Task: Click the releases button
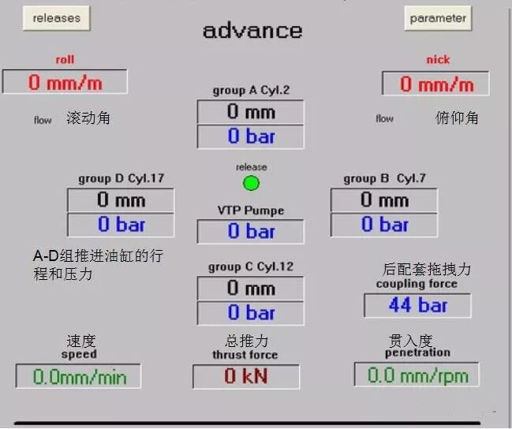[57, 18]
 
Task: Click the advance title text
[252, 31]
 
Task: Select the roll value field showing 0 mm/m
[65, 81]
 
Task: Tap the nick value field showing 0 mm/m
[435, 83]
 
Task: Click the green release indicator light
[251, 184]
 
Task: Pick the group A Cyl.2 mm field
[250, 112]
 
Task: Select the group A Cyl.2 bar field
[250, 136]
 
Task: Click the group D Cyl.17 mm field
[121, 200]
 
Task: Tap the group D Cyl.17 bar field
[121, 225]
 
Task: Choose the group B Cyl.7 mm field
[383, 200]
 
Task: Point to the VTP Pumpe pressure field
[250, 231]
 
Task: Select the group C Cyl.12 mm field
[250, 288]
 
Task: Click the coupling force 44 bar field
[417, 305]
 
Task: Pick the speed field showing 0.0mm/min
[78, 376]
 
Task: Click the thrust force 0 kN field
[246, 377]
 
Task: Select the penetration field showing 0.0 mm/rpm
[417, 375]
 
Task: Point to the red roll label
[65, 60]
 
